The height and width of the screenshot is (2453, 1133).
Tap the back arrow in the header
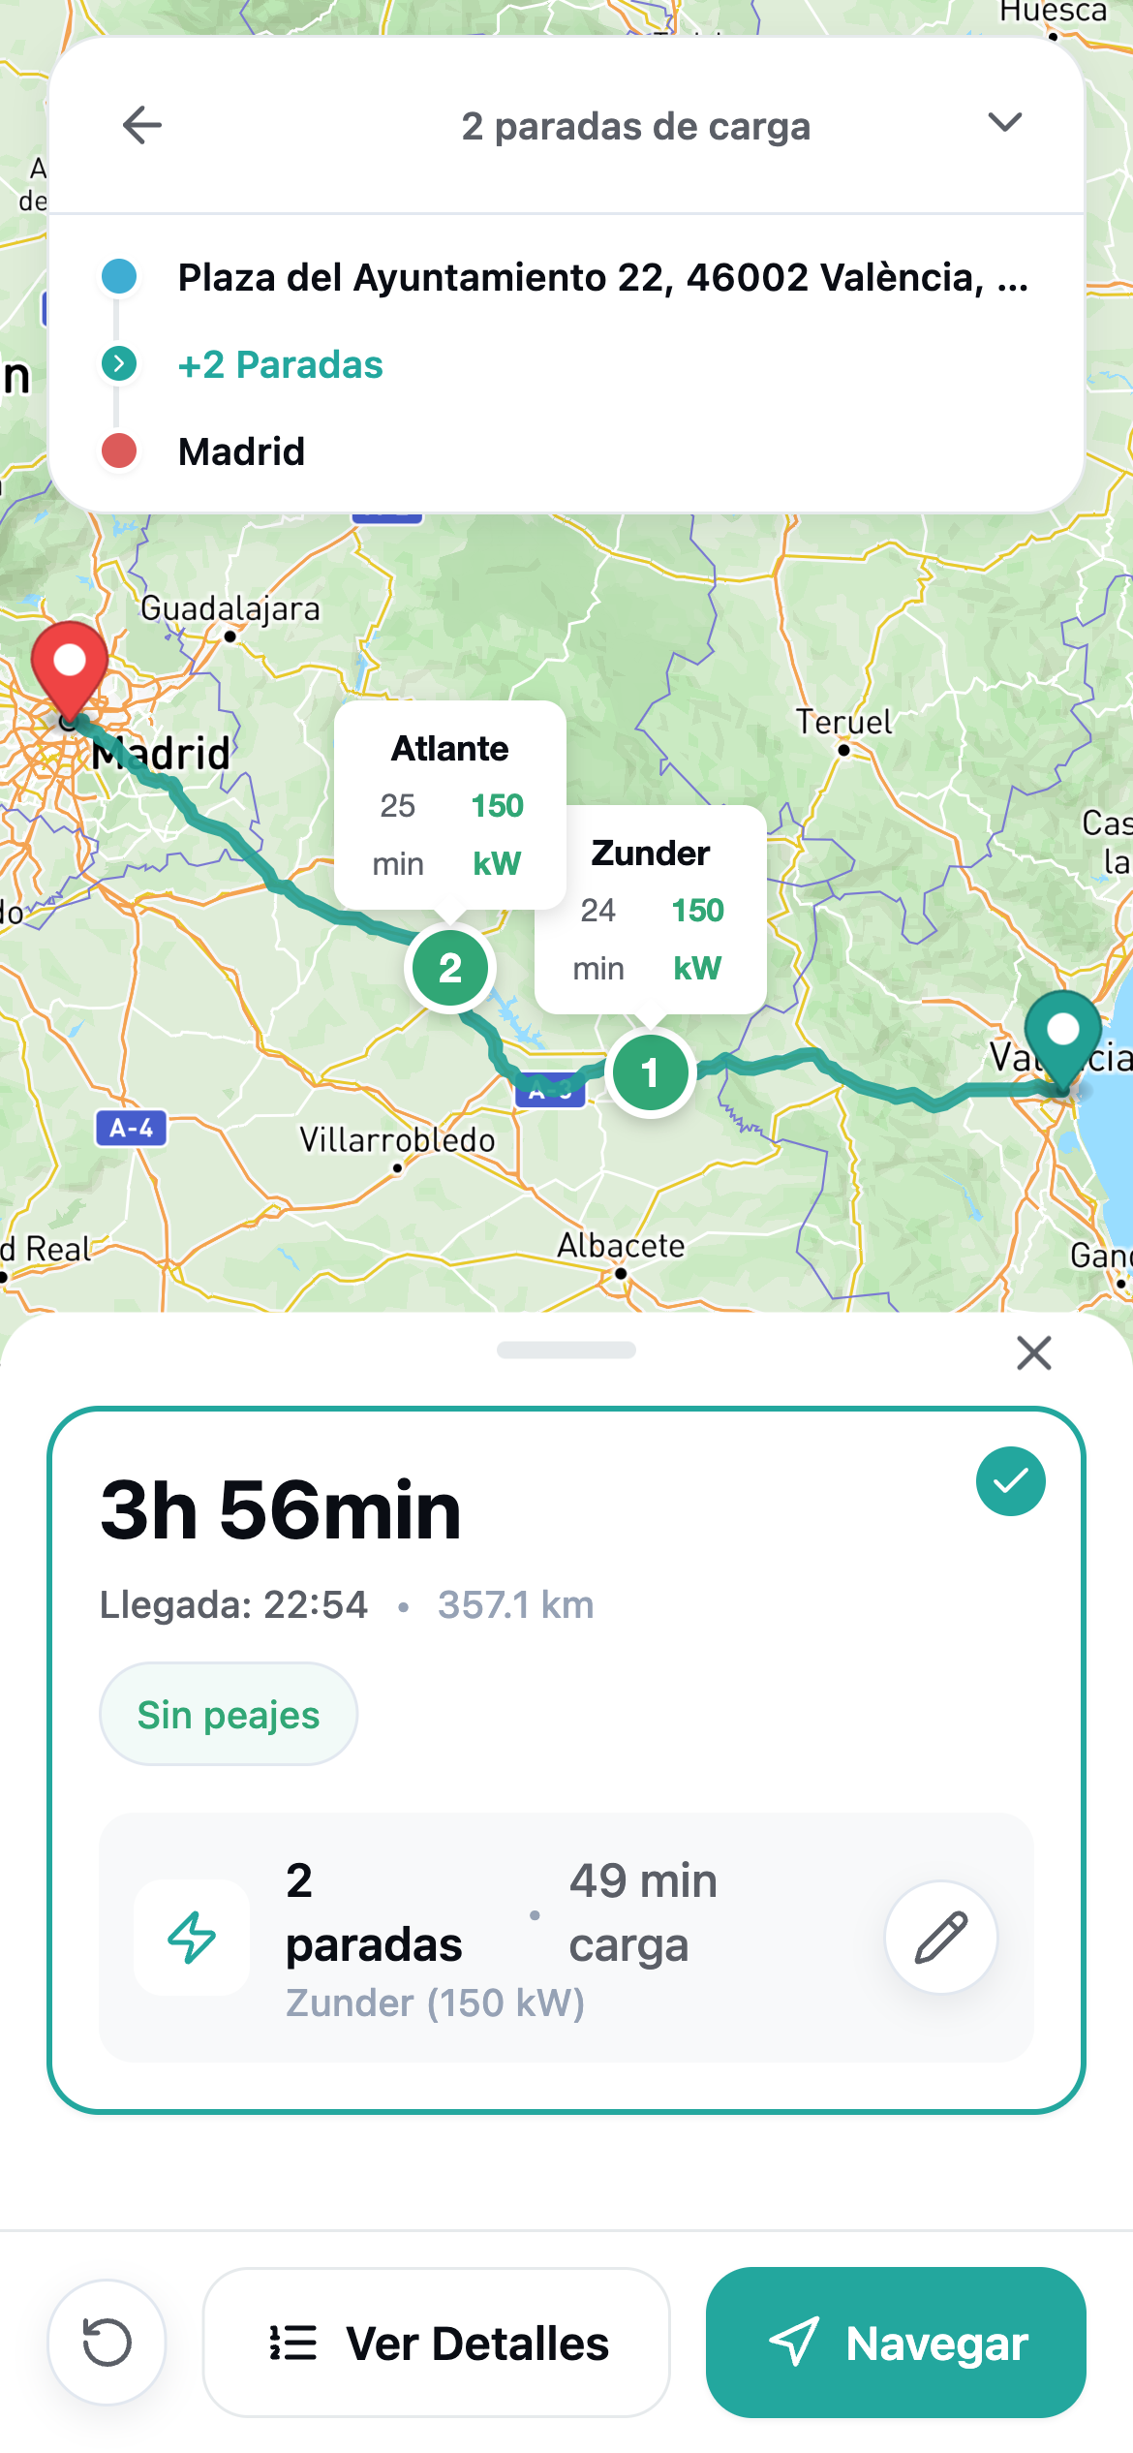click(x=141, y=126)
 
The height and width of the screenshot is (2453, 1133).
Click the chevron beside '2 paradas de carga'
click(x=1004, y=123)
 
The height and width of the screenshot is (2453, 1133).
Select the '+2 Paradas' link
click(x=280, y=365)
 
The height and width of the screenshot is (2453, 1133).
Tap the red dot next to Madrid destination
click(x=119, y=451)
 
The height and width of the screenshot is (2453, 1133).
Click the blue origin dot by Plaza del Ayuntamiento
click(x=119, y=277)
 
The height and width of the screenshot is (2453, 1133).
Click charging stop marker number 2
click(x=450, y=968)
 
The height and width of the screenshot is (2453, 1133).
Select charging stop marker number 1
click(x=650, y=1072)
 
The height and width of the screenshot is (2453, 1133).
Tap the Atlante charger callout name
click(x=450, y=749)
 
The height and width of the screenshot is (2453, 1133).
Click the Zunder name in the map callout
click(x=651, y=854)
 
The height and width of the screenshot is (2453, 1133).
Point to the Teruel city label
click(x=843, y=723)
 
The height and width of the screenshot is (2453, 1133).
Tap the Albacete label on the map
click(x=621, y=1246)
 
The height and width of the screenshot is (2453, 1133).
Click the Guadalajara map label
click(x=230, y=609)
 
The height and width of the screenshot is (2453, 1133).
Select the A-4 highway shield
click(x=132, y=1128)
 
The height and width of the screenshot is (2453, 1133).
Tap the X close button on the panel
click(x=1034, y=1352)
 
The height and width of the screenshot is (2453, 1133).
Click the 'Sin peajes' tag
click(x=229, y=1715)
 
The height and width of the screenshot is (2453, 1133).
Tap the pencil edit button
click(x=941, y=1938)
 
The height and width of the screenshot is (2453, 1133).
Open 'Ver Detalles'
click(x=437, y=2344)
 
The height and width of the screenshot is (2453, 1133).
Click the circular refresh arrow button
click(x=107, y=2344)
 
